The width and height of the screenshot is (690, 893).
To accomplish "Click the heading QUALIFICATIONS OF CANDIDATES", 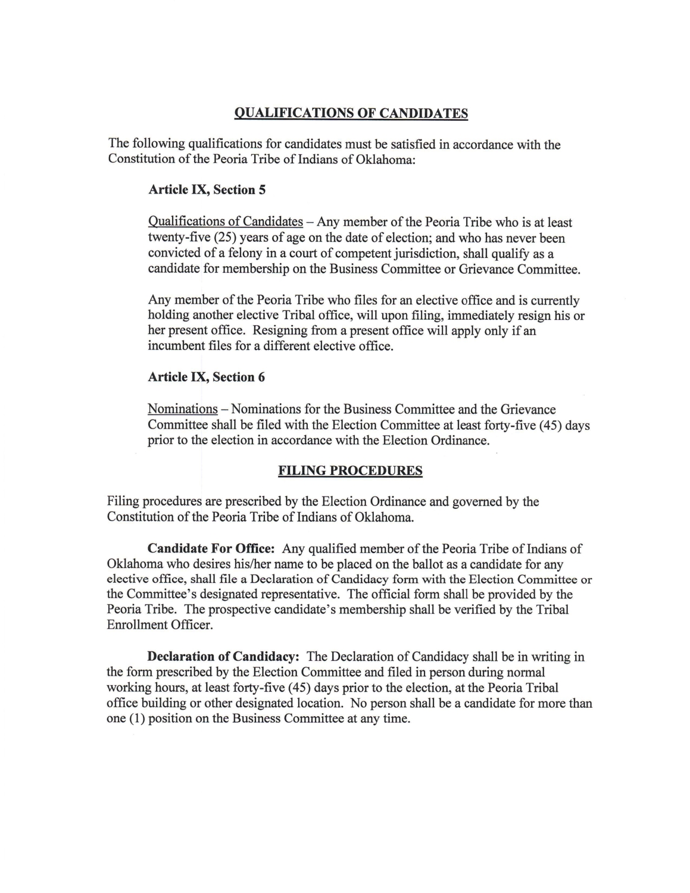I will (x=351, y=113).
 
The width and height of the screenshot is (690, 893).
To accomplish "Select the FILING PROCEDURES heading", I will (x=350, y=471).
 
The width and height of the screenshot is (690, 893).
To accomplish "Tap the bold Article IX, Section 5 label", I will (x=206, y=190).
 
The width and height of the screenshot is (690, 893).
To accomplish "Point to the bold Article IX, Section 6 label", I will (x=206, y=377).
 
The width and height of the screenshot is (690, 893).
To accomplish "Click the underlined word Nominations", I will (x=182, y=410).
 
